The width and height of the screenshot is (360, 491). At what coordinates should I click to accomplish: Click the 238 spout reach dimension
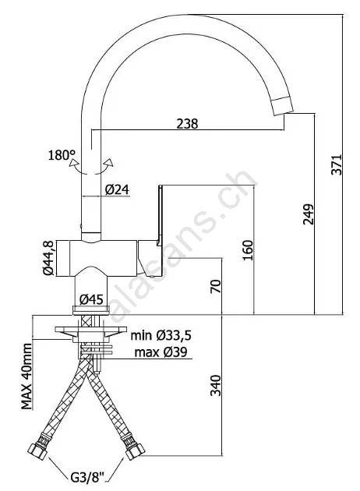click(187, 124)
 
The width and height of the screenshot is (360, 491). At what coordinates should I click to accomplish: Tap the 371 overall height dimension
click(337, 164)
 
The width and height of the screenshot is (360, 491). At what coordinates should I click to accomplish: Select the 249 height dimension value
click(309, 214)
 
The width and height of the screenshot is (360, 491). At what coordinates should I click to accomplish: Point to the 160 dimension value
click(248, 250)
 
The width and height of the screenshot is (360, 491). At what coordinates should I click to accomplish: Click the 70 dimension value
click(216, 286)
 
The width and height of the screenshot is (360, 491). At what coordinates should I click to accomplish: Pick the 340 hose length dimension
click(216, 385)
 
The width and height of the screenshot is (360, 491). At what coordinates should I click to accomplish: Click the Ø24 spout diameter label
click(117, 189)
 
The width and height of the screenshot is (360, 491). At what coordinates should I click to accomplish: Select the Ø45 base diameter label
click(91, 300)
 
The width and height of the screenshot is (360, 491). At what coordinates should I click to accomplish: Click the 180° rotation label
click(62, 155)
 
